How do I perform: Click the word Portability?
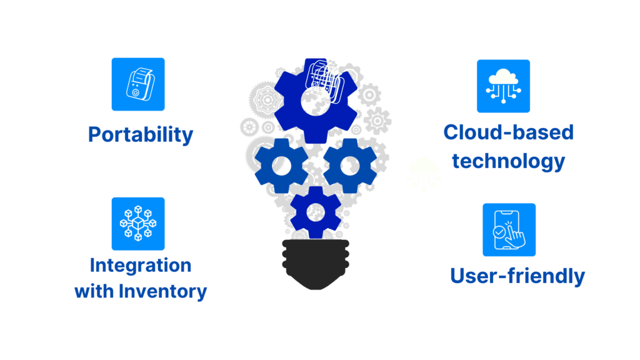point(141,134)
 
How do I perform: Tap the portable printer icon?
point(137,84)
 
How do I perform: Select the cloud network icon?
point(503,86)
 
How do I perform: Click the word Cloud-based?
point(508,132)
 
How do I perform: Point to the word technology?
point(508,161)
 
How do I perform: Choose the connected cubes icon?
point(137,224)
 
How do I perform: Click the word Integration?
point(141,265)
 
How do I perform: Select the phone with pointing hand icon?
point(509,229)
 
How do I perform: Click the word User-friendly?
point(517,276)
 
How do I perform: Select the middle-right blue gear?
point(349,166)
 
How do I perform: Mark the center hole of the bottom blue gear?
point(316,212)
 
